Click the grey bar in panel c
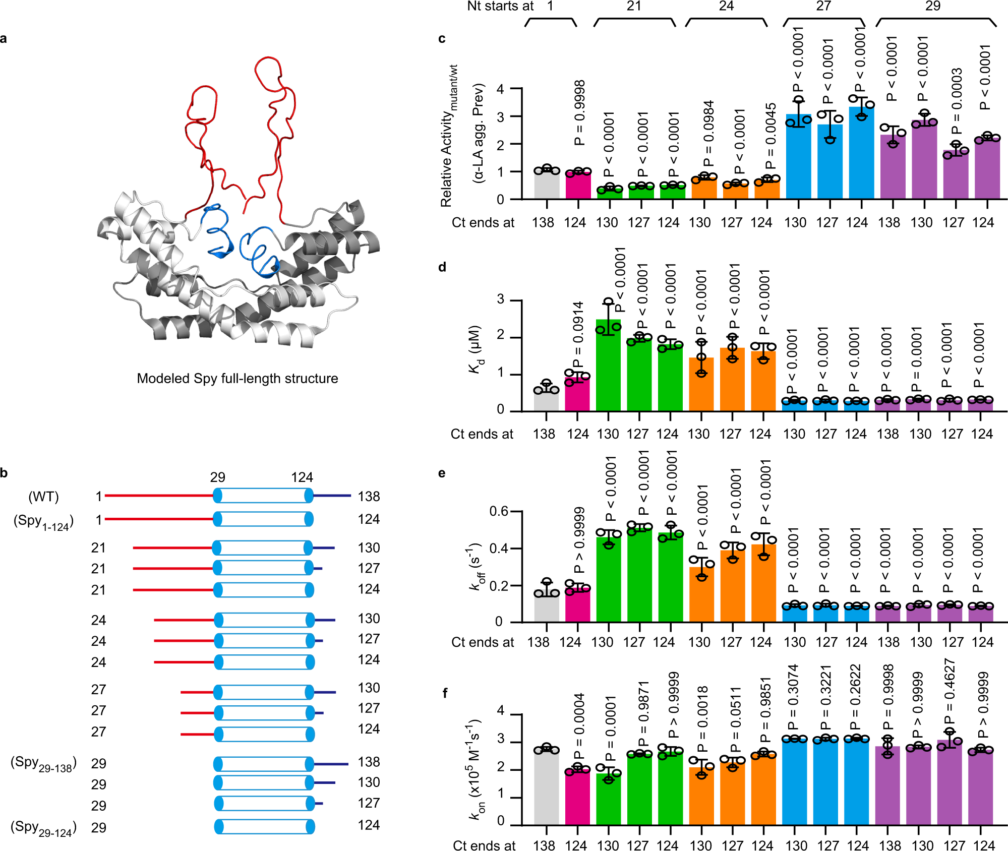[x=547, y=186]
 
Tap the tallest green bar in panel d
[x=608, y=366]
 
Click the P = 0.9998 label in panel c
[x=580, y=112]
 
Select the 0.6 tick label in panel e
[x=499, y=512]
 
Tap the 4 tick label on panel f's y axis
[x=500, y=711]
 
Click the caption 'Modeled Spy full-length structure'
[x=238, y=379]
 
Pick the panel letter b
[x=4, y=473]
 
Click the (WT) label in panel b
[x=43, y=497]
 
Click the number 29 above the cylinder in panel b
[x=217, y=477]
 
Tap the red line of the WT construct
[x=159, y=496]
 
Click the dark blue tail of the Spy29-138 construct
[x=331, y=764]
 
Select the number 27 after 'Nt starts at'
[x=823, y=6]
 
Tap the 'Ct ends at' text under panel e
[x=482, y=642]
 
